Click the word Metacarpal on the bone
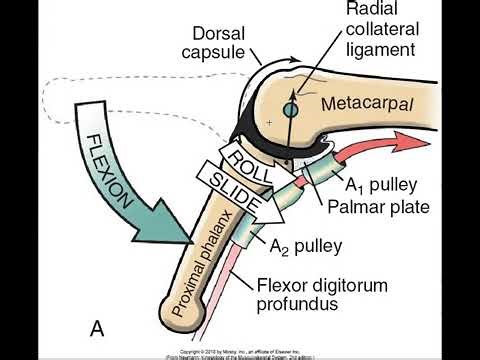coord(361,104)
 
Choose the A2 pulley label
coord(301,243)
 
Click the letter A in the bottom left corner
coord(98,327)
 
